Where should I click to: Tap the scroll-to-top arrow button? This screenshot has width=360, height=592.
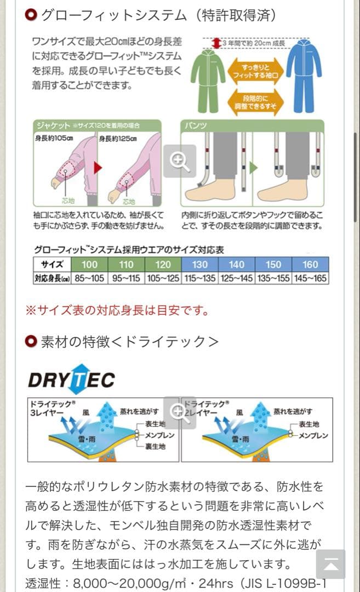coord(331,564)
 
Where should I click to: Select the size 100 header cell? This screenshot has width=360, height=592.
coord(89,264)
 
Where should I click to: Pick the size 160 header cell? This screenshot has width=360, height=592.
coord(310,264)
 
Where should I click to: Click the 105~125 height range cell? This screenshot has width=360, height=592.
coord(163,278)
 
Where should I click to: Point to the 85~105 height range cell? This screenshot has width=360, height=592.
coord(89,278)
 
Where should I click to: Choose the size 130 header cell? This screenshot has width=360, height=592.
coord(199,264)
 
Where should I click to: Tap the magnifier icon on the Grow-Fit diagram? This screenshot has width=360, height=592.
coord(179,161)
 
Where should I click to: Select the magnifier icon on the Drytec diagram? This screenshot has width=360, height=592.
coord(179,411)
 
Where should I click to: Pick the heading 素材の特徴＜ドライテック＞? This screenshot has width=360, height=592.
coord(129,341)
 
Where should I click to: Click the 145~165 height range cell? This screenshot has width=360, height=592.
coord(310,278)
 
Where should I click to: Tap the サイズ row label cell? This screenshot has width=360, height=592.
coord(52,264)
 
